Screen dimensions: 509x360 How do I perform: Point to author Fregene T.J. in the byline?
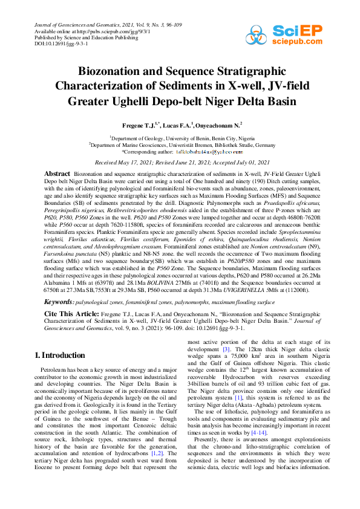(137, 125)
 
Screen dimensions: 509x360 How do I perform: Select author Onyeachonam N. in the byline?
(216, 125)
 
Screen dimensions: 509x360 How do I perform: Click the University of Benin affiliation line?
(180, 138)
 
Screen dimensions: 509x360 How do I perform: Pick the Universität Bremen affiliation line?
(180, 145)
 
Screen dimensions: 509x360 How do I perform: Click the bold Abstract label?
(58, 174)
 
